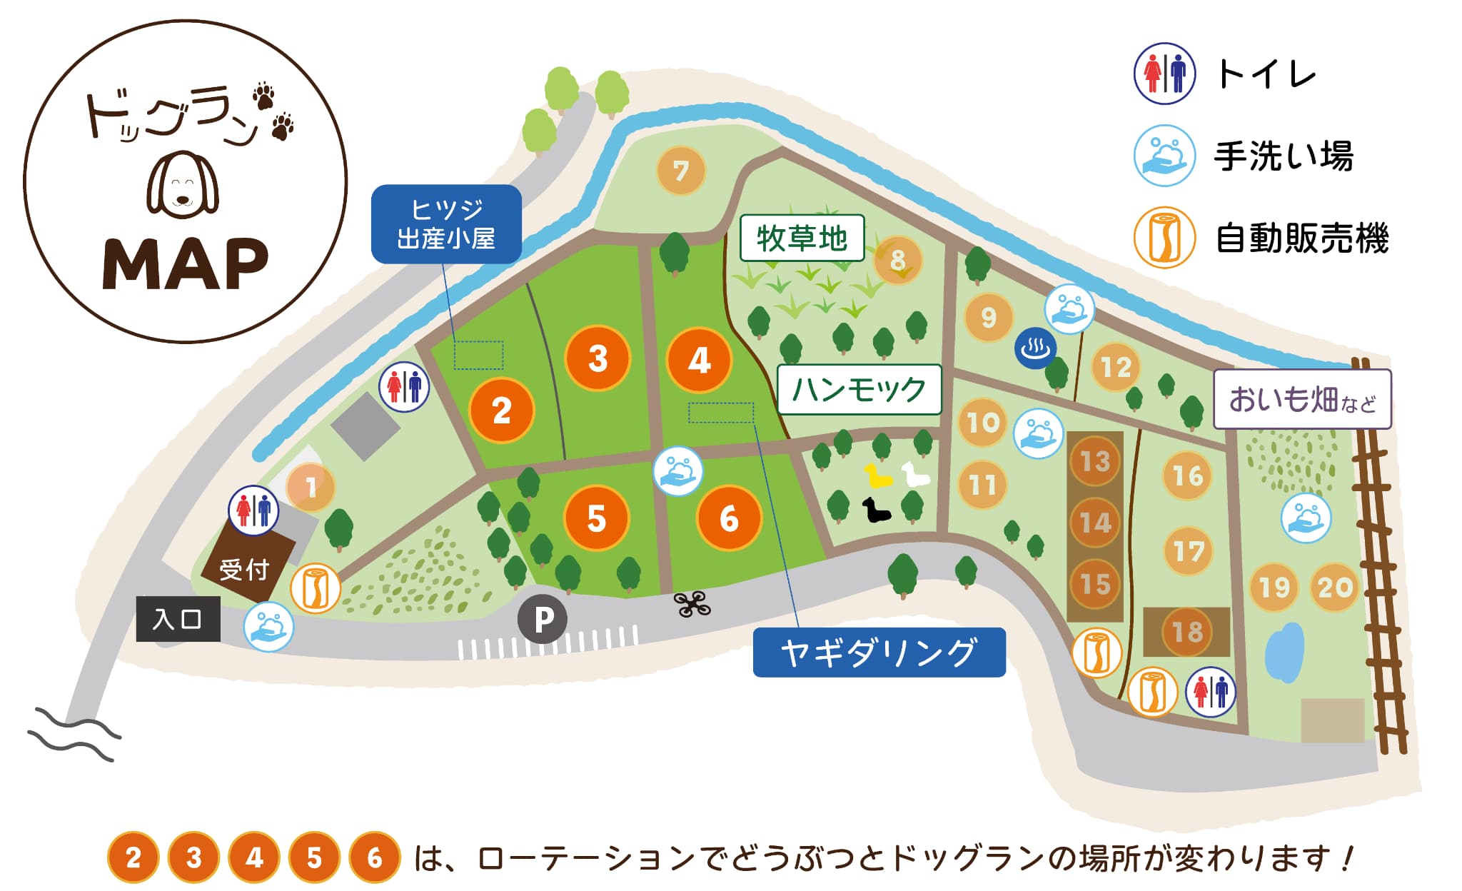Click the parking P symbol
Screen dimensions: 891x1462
tap(543, 619)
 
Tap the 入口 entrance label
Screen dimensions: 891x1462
tap(178, 619)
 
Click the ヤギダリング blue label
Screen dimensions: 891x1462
tap(879, 653)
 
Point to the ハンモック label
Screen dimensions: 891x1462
tap(859, 390)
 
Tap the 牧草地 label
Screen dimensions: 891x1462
tap(802, 238)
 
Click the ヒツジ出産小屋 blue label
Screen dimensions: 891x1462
tap(446, 224)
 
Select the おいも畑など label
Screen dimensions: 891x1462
tap(1302, 399)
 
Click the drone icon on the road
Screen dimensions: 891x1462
tap(692, 605)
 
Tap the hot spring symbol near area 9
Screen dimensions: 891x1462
tap(1035, 348)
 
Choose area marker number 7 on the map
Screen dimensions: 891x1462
tap(681, 171)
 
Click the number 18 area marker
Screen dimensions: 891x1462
tap(1187, 632)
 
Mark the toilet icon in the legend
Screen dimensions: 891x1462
tap(1164, 74)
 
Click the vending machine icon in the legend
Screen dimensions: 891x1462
tap(1164, 238)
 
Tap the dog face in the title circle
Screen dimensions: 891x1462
tap(183, 184)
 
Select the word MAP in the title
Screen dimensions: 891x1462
tap(186, 264)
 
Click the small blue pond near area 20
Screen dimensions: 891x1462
tap(1284, 653)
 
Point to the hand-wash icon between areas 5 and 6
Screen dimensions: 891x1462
tap(677, 471)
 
